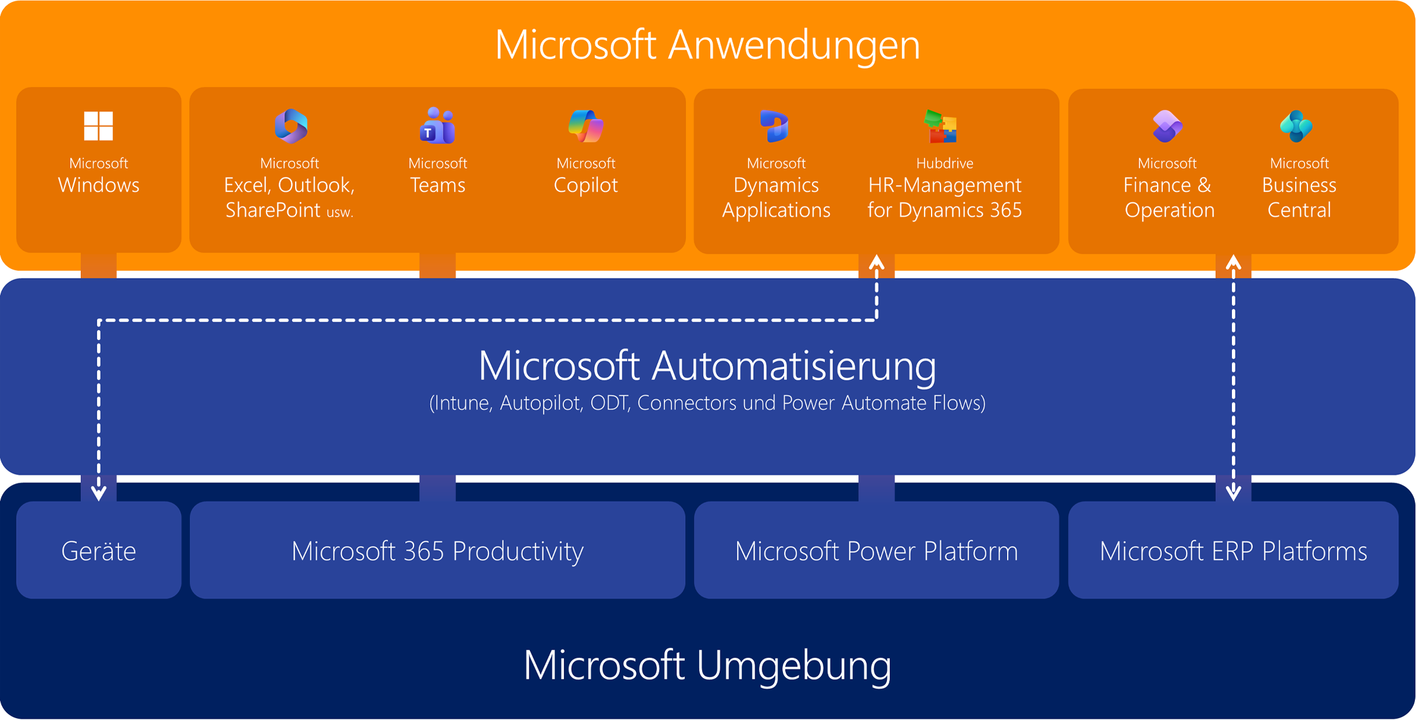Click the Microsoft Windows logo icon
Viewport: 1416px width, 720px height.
click(99, 126)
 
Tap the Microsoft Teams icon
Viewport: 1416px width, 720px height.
click(437, 126)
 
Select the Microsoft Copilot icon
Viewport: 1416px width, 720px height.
click(586, 126)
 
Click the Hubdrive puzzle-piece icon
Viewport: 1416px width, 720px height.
click(942, 126)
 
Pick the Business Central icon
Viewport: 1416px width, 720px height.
click(1296, 126)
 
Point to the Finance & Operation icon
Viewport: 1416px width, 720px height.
click(1168, 126)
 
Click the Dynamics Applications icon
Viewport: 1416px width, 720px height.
click(775, 126)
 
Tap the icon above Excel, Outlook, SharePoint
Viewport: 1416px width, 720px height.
click(291, 126)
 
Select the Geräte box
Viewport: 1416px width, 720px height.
click(99, 551)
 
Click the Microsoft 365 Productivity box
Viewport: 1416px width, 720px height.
click(437, 551)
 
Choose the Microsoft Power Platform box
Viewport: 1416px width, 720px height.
click(877, 551)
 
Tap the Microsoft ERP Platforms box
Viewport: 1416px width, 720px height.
click(1233, 551)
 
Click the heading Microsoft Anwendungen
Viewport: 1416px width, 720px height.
click(707, 45)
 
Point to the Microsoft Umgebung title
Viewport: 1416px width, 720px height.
click(707, 665)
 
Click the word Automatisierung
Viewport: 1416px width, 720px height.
click(794, 366)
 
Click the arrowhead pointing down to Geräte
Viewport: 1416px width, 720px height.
click(99, 493)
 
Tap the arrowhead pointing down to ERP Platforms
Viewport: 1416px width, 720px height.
click(1233, 493)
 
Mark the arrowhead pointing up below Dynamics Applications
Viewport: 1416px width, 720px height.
click(877, 262)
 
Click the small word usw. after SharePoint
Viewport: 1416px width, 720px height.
click(340, 212)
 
